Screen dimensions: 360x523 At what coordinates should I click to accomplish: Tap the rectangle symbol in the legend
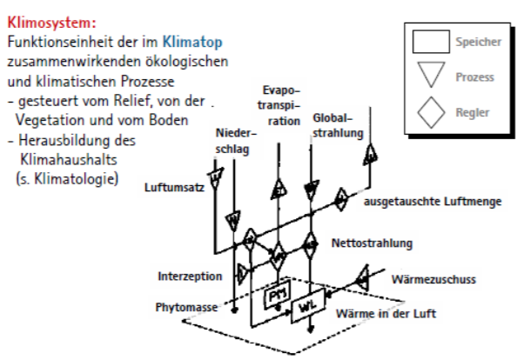(430, 42)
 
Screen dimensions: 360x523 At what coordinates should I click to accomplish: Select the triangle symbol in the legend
(430, 77)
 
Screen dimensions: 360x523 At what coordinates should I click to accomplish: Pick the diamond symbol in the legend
(430, 112)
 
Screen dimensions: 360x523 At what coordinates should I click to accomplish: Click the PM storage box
(276, 296)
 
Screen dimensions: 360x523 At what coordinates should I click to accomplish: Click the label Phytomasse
(186, 307)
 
